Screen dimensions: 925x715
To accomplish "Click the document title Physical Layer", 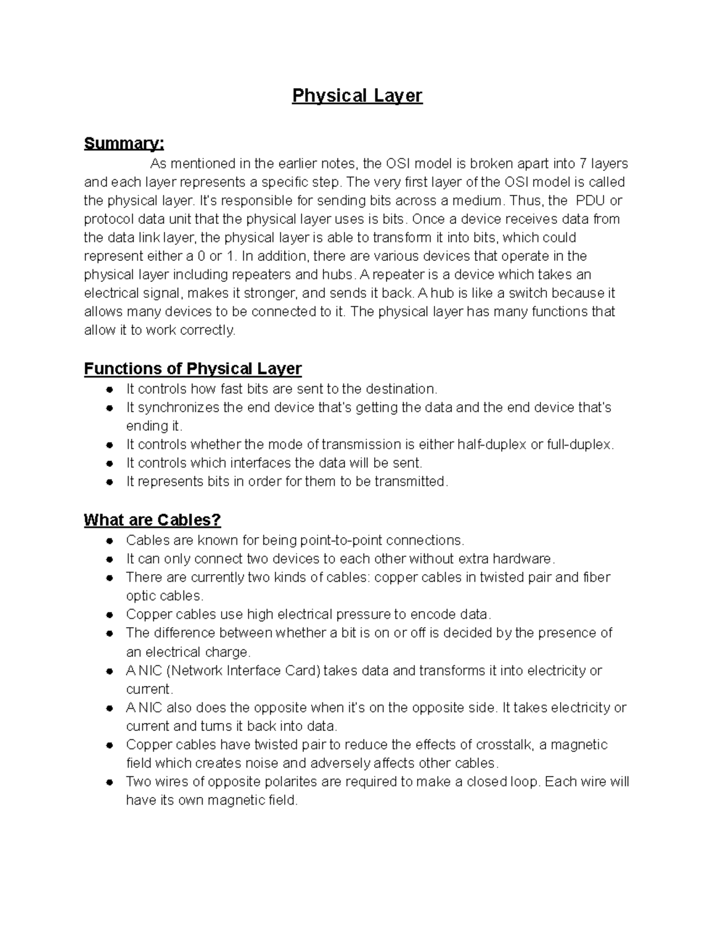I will point(357,96).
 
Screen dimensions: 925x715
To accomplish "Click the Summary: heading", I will point(124,144).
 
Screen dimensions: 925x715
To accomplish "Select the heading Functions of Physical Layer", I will point(192,369).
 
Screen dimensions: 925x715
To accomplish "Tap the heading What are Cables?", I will point(152,520).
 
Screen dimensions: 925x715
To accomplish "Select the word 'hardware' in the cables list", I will point(524,559).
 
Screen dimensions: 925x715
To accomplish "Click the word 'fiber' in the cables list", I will point(596,577).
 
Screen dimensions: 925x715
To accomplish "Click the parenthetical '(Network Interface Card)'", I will point(244,671).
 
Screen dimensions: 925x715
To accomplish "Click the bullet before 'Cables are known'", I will point(110,541).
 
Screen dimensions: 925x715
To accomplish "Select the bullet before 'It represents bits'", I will point(110,482).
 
